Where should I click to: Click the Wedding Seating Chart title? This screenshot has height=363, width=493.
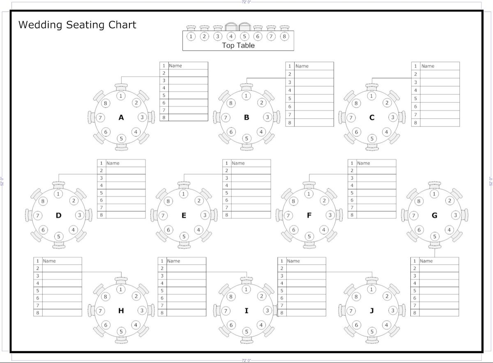(x=77, y=25)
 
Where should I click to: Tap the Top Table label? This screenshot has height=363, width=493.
(x=238, y=45)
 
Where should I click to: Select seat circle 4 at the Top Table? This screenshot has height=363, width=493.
(x=231, y=36)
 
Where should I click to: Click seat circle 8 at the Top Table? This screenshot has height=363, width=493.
(x=284, y=36)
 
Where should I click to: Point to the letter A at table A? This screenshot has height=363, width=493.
(x=121, y=118)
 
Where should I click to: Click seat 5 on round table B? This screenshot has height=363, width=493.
(x=246, y=138)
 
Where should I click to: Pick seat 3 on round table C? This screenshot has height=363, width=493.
(x=393, y=117)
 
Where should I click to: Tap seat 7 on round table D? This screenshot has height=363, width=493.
(x=38, y=215)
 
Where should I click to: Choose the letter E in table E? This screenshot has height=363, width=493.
(x=184, y=215)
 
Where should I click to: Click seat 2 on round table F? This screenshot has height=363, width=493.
(x=324, y=201)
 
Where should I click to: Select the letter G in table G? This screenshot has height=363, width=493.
(x=435, y=215)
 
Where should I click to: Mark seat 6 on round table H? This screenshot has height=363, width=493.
(x=106, y=325)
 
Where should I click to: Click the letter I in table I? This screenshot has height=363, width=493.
(x=246, y=310)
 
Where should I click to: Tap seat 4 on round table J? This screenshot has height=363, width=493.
(x=387, y=325)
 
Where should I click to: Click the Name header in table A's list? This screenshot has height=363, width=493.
(x=175, y=66)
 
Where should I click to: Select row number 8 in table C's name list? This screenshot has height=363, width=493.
(x=415, y=123)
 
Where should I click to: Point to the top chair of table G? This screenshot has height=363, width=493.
(x=435, y=185)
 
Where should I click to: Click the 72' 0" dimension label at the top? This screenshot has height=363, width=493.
(x=246, y=2)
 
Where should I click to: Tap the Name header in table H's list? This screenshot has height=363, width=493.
(x=49, y=261)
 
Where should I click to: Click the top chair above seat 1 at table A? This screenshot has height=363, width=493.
(x=121, y=87)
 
